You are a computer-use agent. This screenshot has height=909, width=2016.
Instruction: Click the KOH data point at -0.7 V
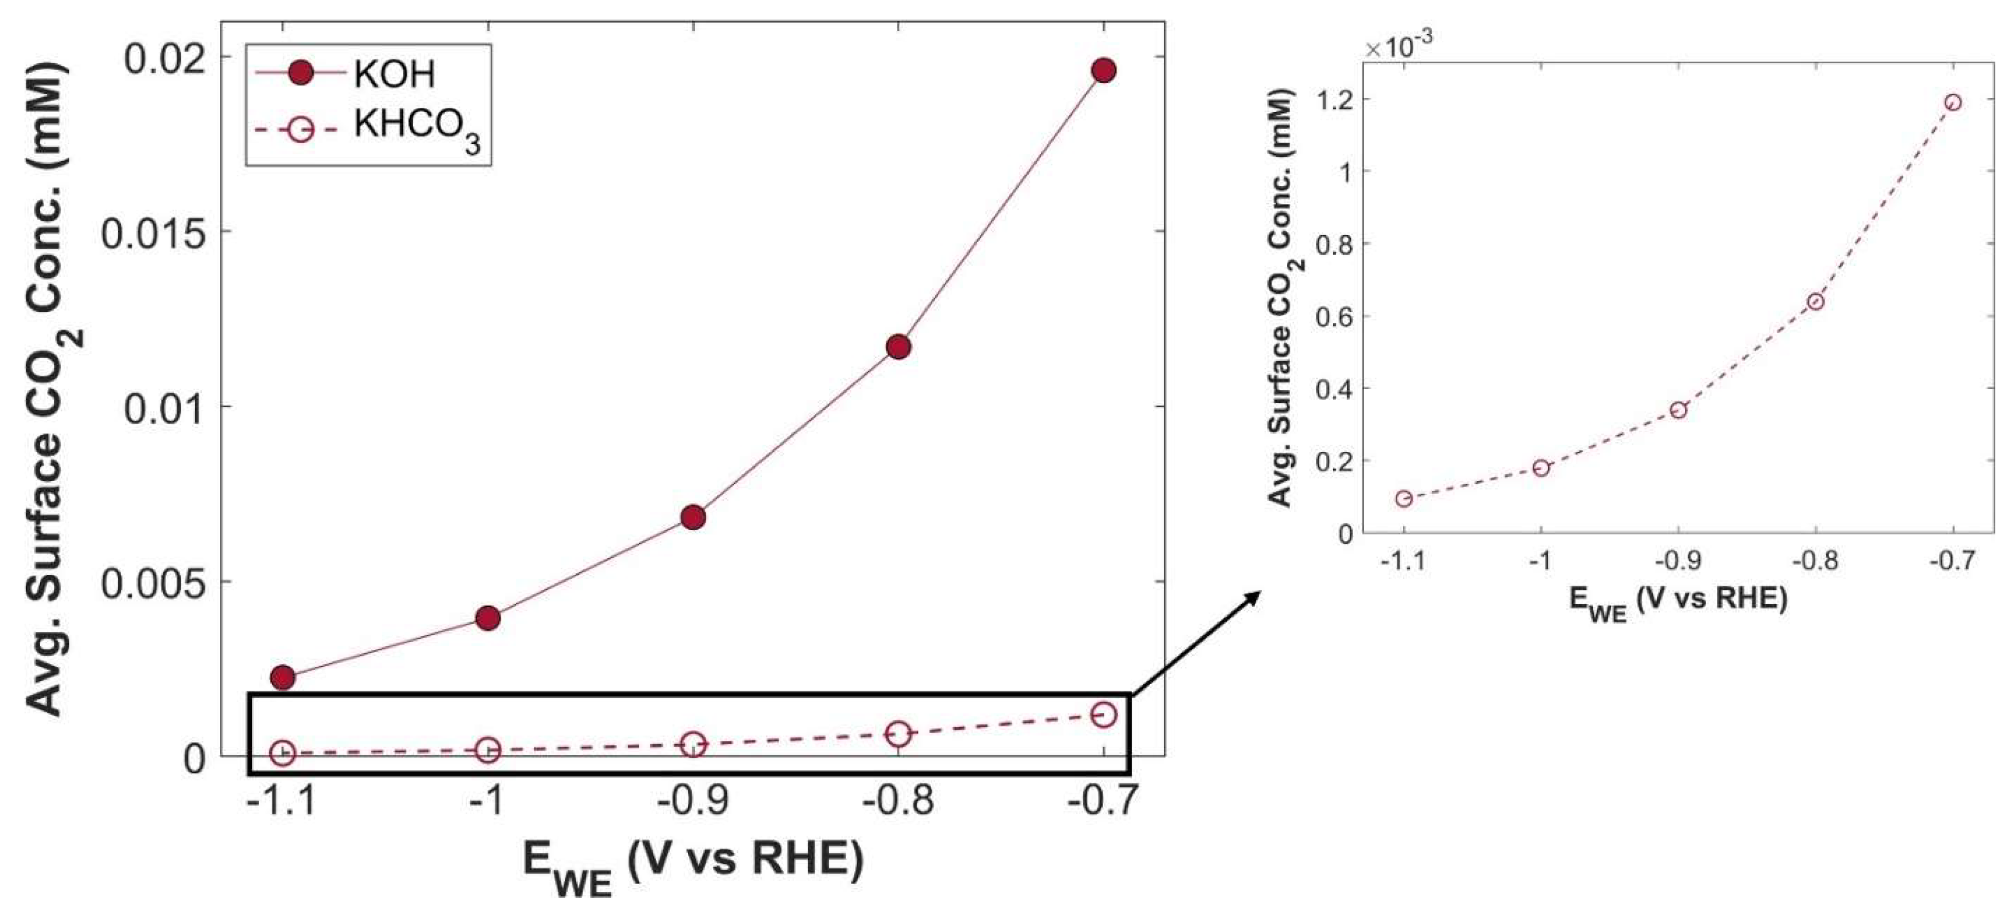1103,70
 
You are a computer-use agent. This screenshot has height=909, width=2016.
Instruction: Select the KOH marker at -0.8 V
899,347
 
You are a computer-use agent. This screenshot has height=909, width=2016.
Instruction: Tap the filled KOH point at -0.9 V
693,517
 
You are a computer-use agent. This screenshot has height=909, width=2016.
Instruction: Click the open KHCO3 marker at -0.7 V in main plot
1103,714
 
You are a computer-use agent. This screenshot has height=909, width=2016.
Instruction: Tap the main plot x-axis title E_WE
693,864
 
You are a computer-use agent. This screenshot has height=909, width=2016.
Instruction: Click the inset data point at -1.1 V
1404,498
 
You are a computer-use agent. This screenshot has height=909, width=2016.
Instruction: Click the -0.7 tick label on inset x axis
1952,562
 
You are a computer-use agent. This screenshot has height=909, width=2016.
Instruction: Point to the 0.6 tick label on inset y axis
1336,317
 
